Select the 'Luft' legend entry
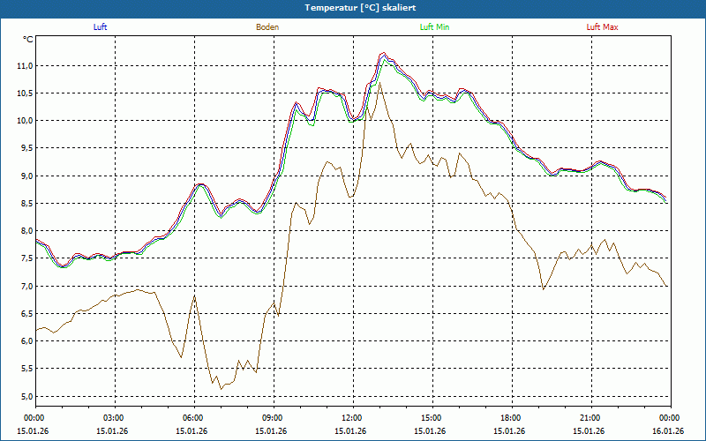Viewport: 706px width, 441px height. click(100, 27)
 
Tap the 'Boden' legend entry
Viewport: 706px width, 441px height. click(267, 27)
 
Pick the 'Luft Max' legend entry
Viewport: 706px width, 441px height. click(603, 27)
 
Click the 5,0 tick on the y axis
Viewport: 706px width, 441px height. click(25, 396)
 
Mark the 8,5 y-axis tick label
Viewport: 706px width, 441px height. click(25, 204)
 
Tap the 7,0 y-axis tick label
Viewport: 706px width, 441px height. click(25, 286)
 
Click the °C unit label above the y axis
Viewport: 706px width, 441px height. click(28, 40)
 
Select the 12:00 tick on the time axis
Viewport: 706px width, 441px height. click(352, 418)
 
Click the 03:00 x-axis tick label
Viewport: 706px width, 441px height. click(114, 418)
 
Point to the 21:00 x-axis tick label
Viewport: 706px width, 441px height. click(590, 418)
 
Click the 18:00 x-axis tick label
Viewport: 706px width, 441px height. click(511, 418)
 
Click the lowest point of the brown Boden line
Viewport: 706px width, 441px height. click(221, 388)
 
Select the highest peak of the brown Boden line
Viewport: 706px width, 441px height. click(379, 82)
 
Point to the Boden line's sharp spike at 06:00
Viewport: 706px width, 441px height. click(194, 295)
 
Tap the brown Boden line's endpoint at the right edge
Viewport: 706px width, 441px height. click(668, 287)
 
